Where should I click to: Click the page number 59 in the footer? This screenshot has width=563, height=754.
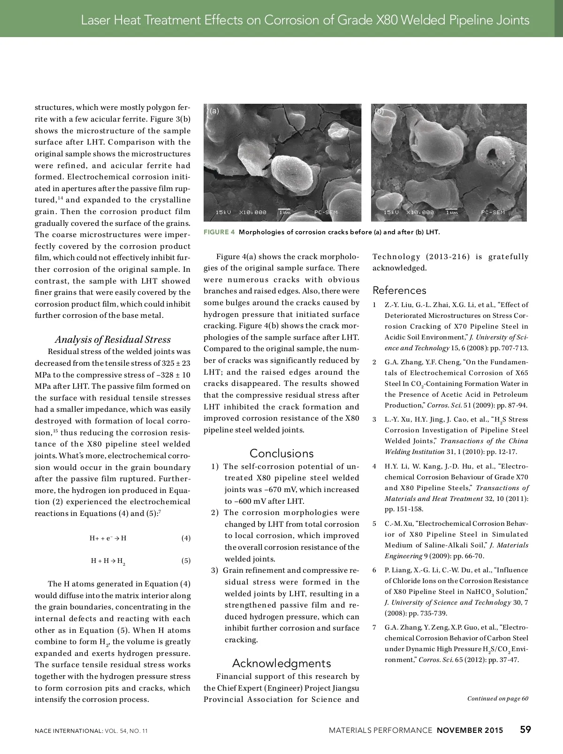525,730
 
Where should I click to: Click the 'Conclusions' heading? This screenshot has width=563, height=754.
281,453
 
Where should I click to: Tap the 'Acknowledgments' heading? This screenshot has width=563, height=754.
281,663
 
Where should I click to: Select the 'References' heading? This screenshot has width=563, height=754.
399,290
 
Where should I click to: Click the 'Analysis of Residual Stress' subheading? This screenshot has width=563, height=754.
113,339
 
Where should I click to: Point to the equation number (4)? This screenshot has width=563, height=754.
186,538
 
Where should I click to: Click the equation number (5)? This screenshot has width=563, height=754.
186,561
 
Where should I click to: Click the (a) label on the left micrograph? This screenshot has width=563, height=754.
214,111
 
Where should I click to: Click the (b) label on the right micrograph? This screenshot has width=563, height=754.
380,111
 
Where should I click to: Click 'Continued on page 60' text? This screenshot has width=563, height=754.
498,699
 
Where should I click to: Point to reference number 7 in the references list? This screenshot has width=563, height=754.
374,627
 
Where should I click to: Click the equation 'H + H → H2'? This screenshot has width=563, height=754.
108,561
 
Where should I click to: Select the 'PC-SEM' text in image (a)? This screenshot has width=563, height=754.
326,213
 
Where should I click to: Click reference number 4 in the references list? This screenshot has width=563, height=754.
374,466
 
